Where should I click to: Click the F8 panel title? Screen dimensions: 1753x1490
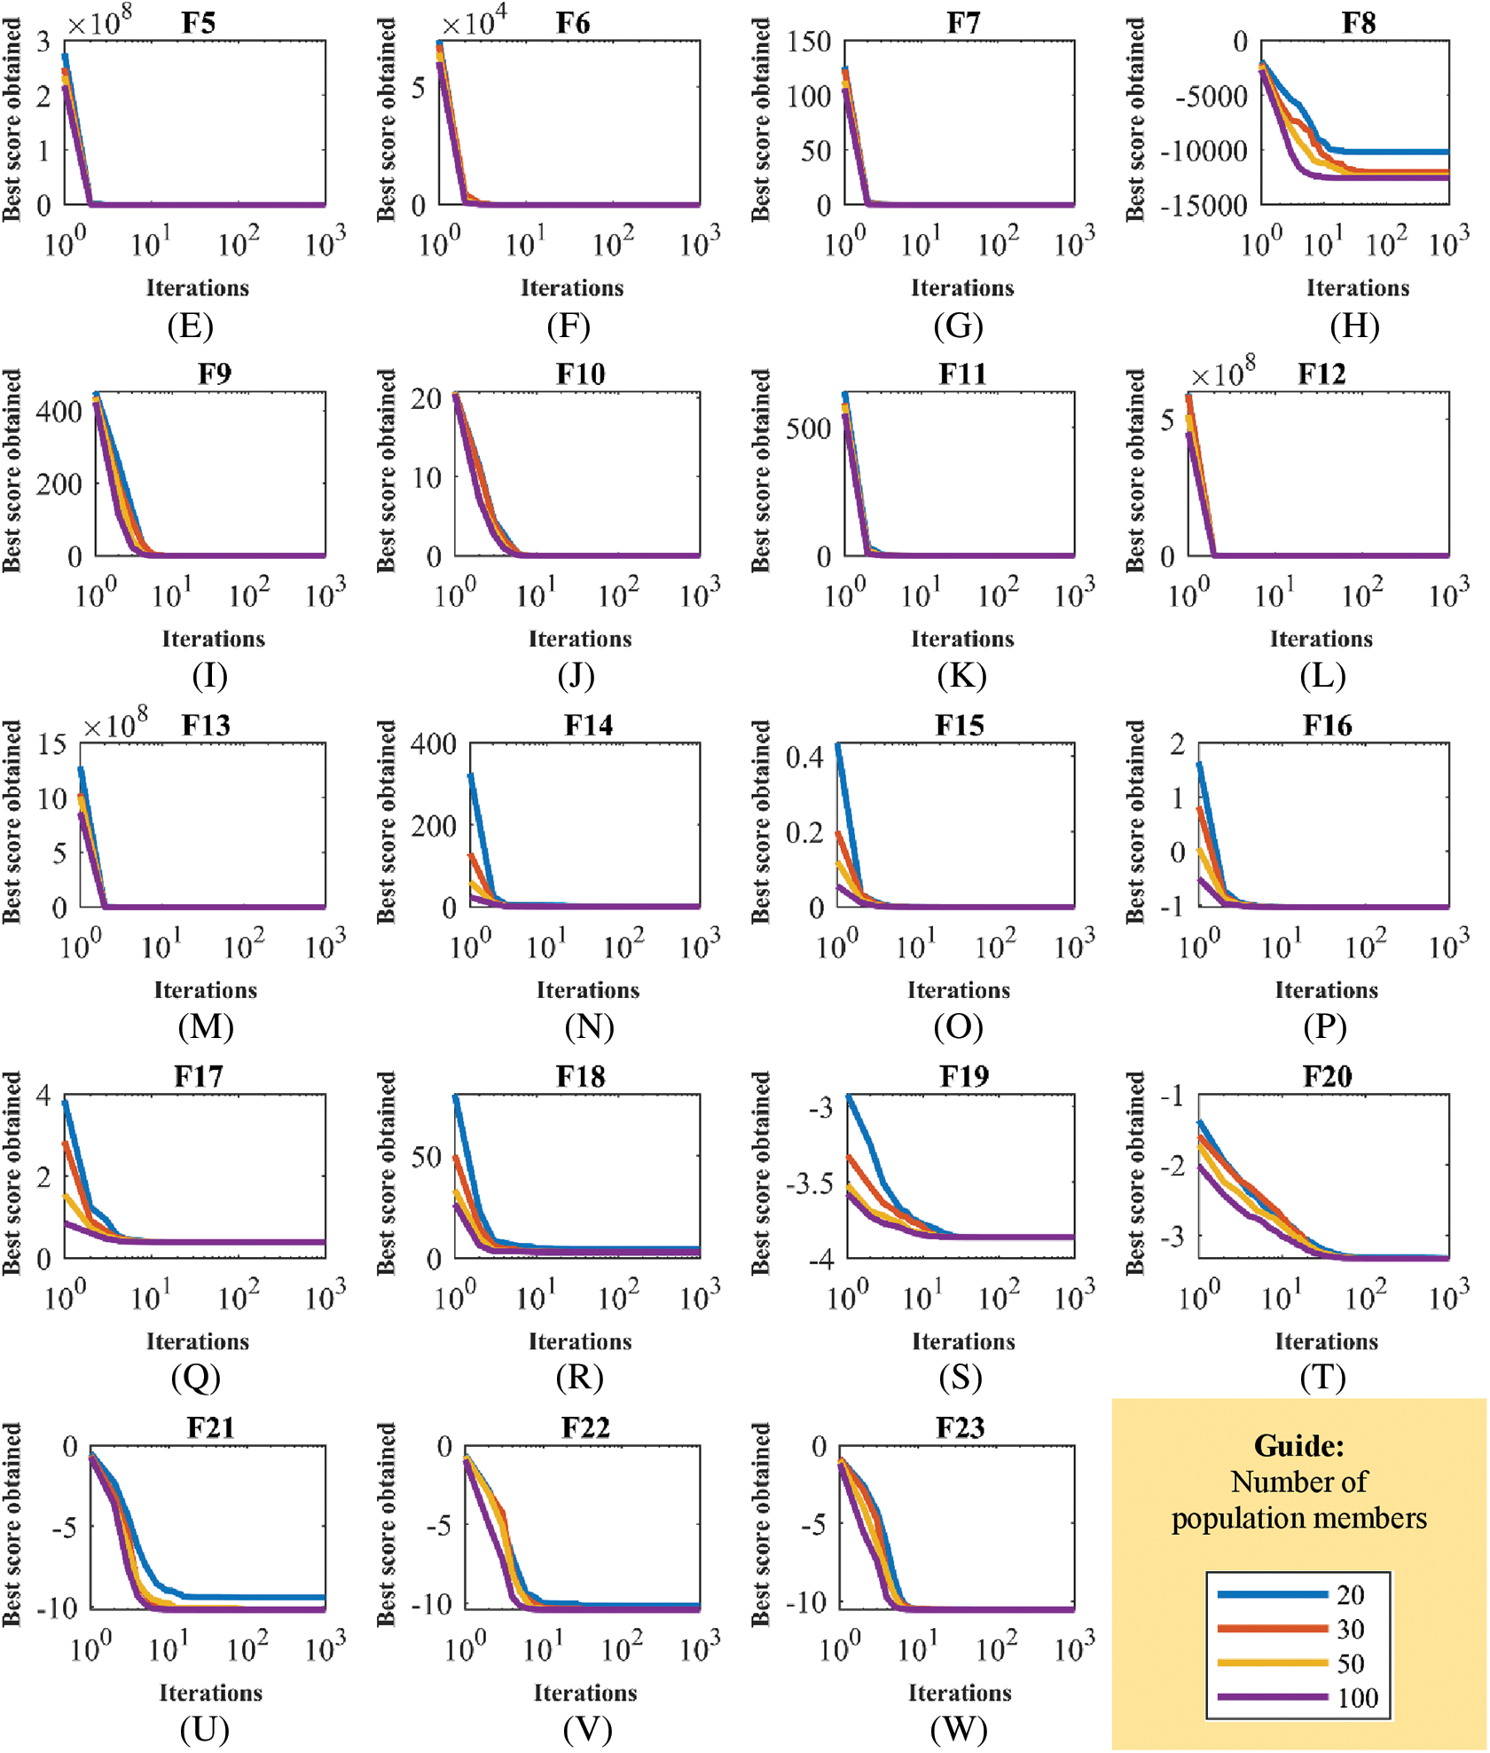coord(1359,22)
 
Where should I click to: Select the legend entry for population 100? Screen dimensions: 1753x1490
coord(1357,1698)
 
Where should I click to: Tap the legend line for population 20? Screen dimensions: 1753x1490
coord(1272,1594)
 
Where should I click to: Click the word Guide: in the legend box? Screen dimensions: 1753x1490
coord(1298,1446)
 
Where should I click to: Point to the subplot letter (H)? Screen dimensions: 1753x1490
coord(1354,326)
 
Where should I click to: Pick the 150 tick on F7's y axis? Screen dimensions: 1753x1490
coord(809,41)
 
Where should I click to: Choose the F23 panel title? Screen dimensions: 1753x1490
coord(961,1427)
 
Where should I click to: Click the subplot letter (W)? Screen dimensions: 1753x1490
coord(960,1728)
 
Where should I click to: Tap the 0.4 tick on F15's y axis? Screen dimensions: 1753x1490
coord(804,757)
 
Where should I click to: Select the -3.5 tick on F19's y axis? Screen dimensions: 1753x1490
coord(810,1184)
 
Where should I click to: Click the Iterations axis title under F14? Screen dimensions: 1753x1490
coord(588,990)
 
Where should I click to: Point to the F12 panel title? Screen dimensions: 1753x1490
coord(1321,373)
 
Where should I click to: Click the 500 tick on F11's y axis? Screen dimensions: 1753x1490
coord(809,428)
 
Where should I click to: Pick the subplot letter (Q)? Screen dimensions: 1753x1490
coord(196,1377)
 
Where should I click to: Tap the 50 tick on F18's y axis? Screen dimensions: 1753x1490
coord(427,1158)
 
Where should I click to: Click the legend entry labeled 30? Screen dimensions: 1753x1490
coord(1351,1629)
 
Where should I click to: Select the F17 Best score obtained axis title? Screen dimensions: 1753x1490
coord(12,1173)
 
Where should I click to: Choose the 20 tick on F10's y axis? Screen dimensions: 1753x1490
coord(427,398)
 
